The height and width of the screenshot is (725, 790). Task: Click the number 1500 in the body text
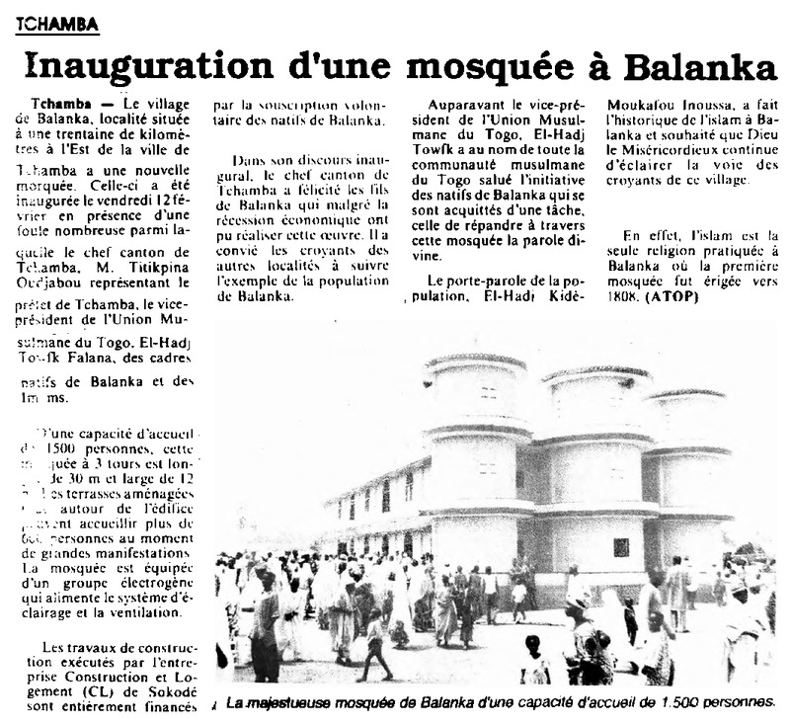(x=70, y=446)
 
